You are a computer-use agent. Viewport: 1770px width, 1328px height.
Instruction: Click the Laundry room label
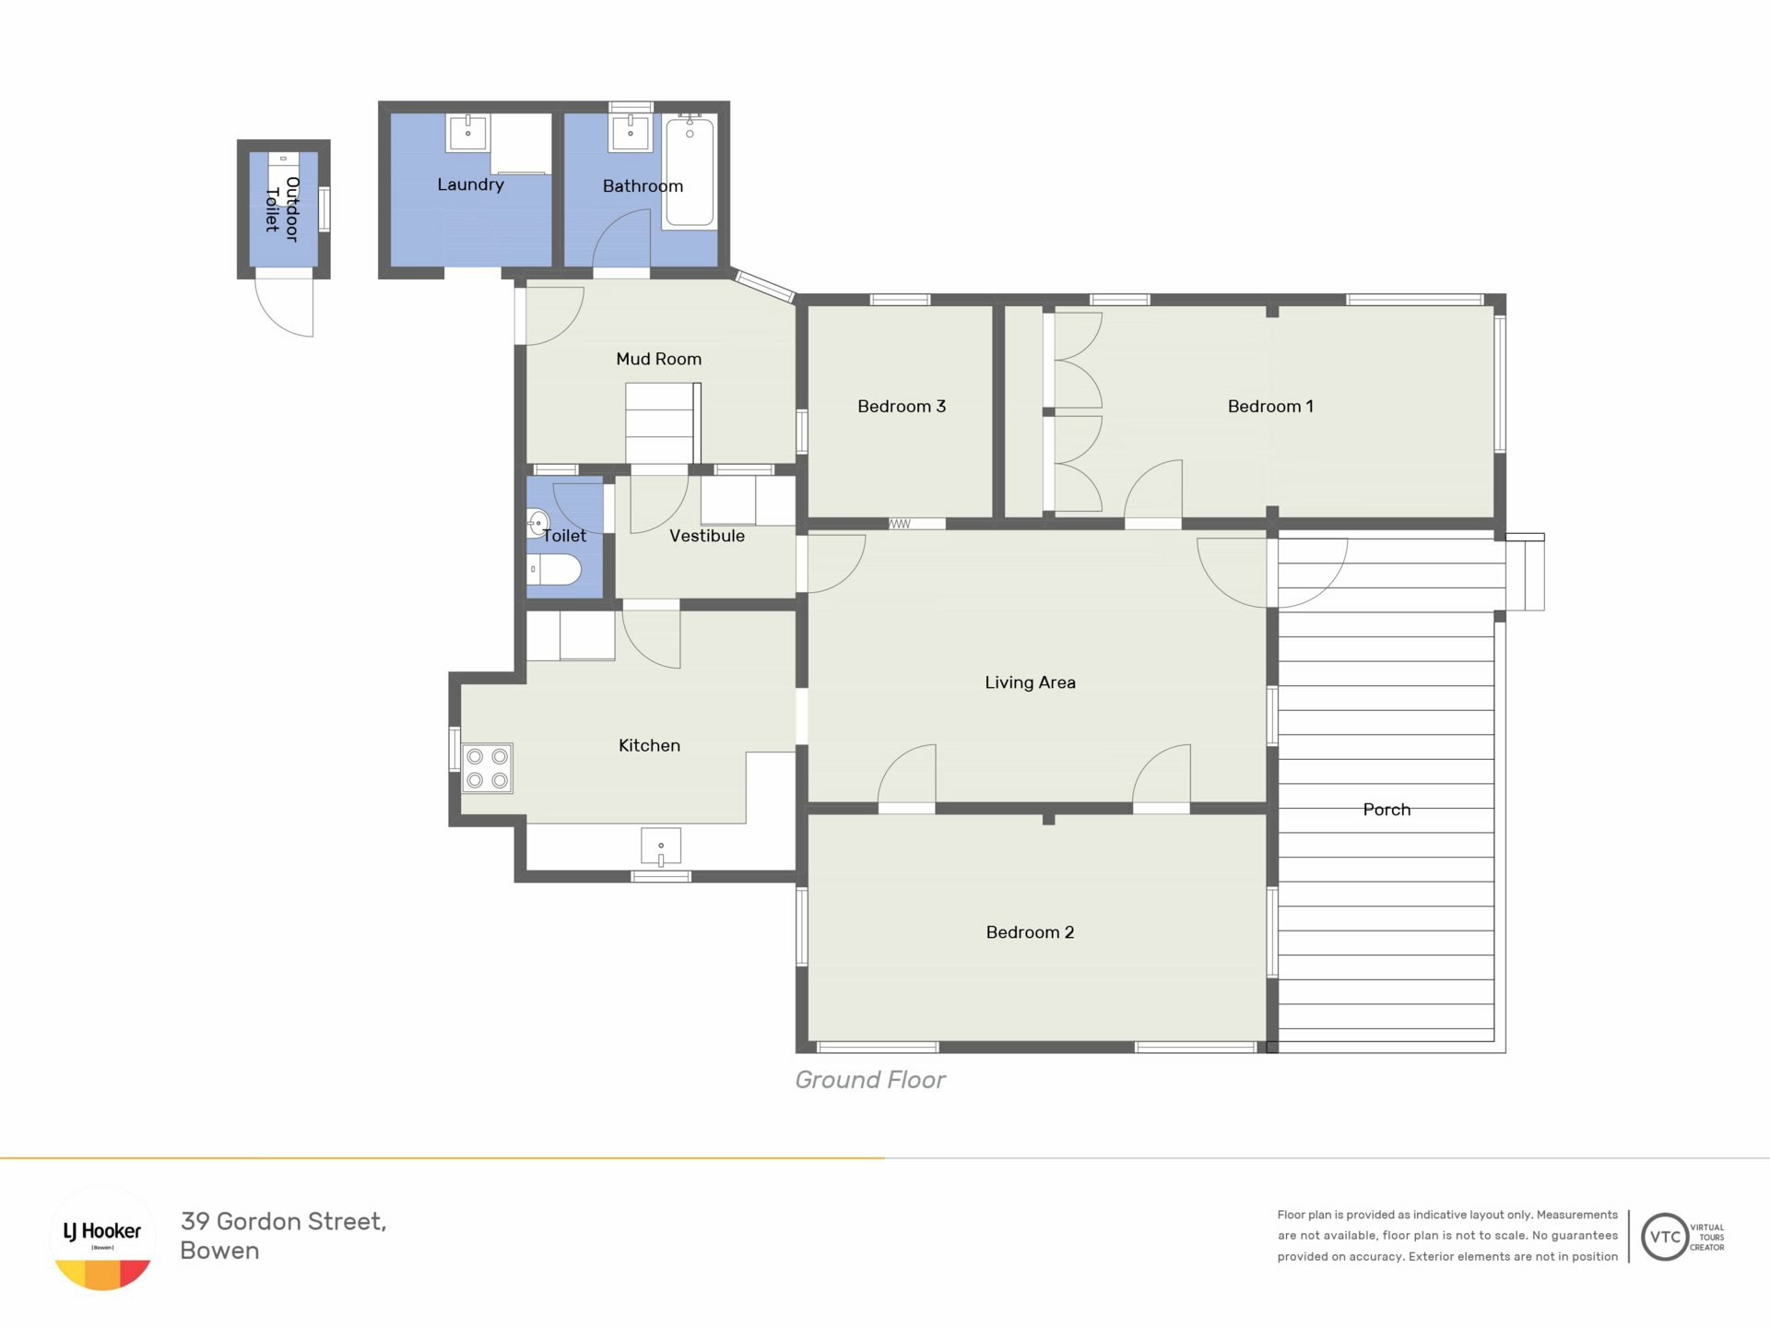[470, 184]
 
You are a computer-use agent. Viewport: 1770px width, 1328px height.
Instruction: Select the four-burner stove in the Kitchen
[487, 768]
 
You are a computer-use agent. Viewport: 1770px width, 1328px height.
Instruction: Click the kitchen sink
[661, 847]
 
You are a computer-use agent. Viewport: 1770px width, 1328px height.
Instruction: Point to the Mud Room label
[659, 359]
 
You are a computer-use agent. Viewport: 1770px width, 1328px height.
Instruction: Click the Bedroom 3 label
[902, 406]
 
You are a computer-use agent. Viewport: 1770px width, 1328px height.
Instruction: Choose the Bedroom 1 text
[1270, 406]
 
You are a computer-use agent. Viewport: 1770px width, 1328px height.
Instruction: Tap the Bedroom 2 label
[1030, 932]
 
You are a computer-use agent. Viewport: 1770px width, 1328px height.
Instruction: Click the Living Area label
[1030, 682]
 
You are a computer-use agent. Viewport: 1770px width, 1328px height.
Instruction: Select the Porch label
[1386, 810]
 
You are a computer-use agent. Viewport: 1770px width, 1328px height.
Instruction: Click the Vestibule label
[707, 536]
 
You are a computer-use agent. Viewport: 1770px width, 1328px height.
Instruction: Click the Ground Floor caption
[870, 1080]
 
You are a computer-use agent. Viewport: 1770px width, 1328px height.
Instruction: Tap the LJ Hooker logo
[102, 1238]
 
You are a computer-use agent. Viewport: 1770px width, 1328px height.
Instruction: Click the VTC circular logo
[1665, 1238]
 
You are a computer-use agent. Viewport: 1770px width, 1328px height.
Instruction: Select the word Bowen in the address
[219, 1251]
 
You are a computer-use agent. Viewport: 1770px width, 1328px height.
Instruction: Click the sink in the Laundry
[467, 132]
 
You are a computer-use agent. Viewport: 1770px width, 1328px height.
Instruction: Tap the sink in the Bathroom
[631, 132]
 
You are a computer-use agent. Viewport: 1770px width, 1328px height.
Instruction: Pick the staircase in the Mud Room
[662, 423]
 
